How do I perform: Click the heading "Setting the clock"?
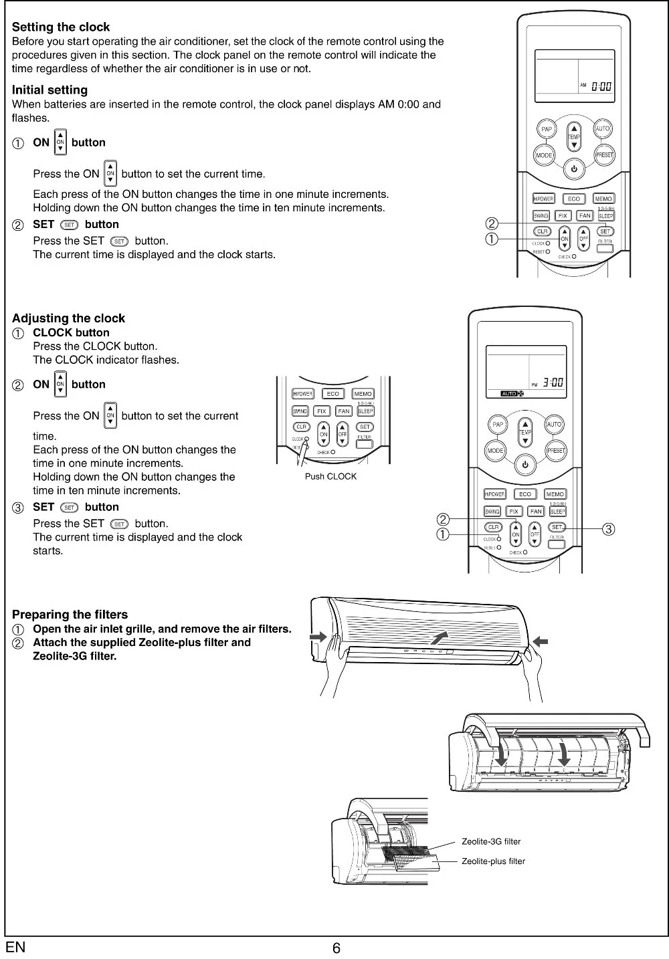(x=61, y=27)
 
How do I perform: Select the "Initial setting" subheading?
(x=50, y=90)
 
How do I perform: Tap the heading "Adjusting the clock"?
(x=68, y=318)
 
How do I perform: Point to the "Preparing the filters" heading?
(x=70, y=615)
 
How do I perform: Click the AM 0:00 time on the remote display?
(x=597, y=86)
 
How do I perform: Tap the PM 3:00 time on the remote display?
(x=549, y=383)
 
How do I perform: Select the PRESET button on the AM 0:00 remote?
(x=604, y=154)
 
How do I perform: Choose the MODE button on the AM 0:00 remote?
(x=544, y=155)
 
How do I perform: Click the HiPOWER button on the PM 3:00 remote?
(x=494, y=494)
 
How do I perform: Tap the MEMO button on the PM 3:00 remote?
(x=555, y=494)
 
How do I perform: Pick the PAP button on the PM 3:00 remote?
(x=497, y=425)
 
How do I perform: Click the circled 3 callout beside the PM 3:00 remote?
(x=608, y=530)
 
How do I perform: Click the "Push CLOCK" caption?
(x=330, y=477)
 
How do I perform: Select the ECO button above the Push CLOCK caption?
(x=333, y=394)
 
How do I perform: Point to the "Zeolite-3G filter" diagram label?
(x=491, y=842)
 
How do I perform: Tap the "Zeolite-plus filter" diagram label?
(x=493, y=861)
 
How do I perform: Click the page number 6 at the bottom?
(x=337, y=948)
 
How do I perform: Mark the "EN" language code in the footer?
(x=15, y=948)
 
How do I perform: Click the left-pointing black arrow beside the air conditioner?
(x=541, y=642)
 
